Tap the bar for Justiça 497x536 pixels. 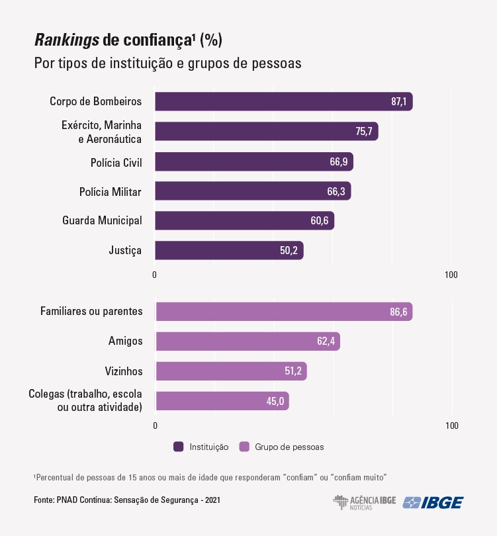[229, 250]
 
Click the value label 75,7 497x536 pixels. [364, 131]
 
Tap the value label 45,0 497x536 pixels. [275, 401]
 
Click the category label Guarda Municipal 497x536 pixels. [102, 220]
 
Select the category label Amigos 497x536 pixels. [125, 341]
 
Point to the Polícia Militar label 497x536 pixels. [110, 191]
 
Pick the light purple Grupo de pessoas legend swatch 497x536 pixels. [244, 447]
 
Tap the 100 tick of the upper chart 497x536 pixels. [451, 275]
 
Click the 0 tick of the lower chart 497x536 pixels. [155, 425]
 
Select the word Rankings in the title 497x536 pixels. [66, 40]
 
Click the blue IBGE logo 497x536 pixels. [433, 502]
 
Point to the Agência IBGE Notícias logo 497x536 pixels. [364, 502]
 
